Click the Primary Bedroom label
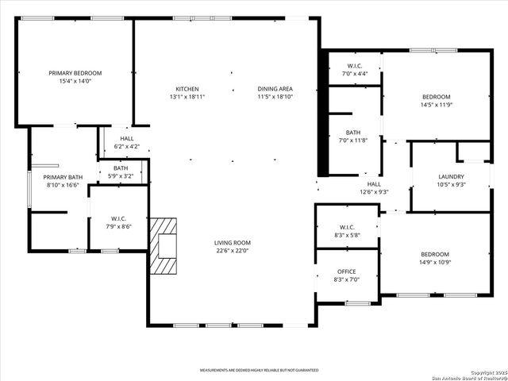(x=75, y=73)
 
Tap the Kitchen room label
(x=187, y=89)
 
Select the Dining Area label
(x=275, y=89)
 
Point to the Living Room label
(x=232, y=243)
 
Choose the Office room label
(x=347, y=271)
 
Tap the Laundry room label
(x=451, y=176)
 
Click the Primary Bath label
(x=63, y=177)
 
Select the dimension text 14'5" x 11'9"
(x=436, y=105)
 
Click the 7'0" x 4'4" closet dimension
(x=355, y=74)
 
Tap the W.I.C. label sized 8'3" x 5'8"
(x=347, y=226)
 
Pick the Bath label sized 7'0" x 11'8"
(x=354, y=133)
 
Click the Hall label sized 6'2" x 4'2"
(x=127, y=138)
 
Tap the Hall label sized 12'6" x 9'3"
(x=374, y=183)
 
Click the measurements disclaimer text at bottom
(x=259, y=371)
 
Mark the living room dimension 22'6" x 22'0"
(x=232, y=251)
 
